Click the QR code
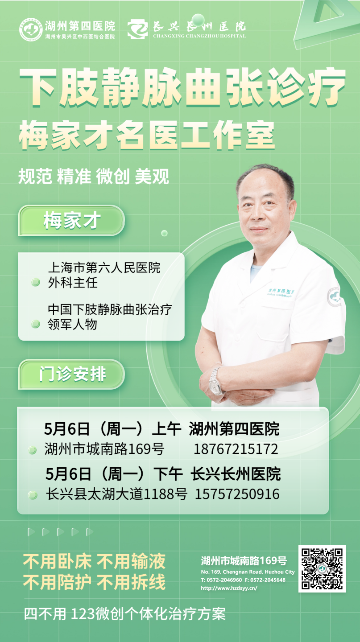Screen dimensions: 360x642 tap(322, 568)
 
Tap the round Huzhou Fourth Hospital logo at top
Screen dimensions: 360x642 tap(31, 29)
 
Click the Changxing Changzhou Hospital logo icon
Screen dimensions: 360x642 tap(138, 29)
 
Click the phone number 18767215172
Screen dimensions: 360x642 tap(236, 449)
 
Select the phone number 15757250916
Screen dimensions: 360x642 tap(237, 494)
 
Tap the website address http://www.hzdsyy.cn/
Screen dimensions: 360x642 tap(229, 588)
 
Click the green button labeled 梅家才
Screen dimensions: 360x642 tap(71, 220)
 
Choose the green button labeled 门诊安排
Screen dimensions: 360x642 tap(71, 374)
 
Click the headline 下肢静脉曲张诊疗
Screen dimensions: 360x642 tap(182, 87)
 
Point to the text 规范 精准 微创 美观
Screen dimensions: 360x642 tap(94, 176)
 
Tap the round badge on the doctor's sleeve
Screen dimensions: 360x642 tap(334, 296)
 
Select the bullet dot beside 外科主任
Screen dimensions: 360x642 tap(36, 283)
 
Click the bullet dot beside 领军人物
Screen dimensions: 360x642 tap(36, 324)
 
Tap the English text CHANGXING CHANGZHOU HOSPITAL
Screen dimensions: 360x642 tap(199, 36)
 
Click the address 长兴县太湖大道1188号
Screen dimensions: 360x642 tap(117, 494)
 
